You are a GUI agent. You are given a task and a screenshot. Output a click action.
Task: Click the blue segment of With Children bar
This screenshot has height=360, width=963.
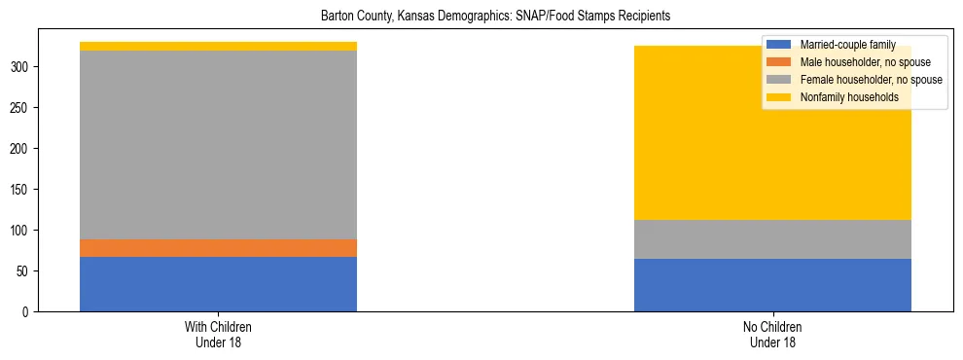(218, 284)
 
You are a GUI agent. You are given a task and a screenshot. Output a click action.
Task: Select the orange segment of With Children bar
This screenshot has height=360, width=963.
(218, 248)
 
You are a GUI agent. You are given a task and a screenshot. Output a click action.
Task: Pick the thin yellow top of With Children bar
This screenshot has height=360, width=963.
(218, 46)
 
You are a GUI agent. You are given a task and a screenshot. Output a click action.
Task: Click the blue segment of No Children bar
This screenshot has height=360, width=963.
(772, 285)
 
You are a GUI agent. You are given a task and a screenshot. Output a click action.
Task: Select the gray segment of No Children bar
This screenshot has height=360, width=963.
(772, 239)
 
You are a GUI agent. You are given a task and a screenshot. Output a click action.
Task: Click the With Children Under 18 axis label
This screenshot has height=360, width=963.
(218, 334)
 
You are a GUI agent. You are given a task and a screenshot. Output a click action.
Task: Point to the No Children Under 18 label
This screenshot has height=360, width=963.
(772, 334)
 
